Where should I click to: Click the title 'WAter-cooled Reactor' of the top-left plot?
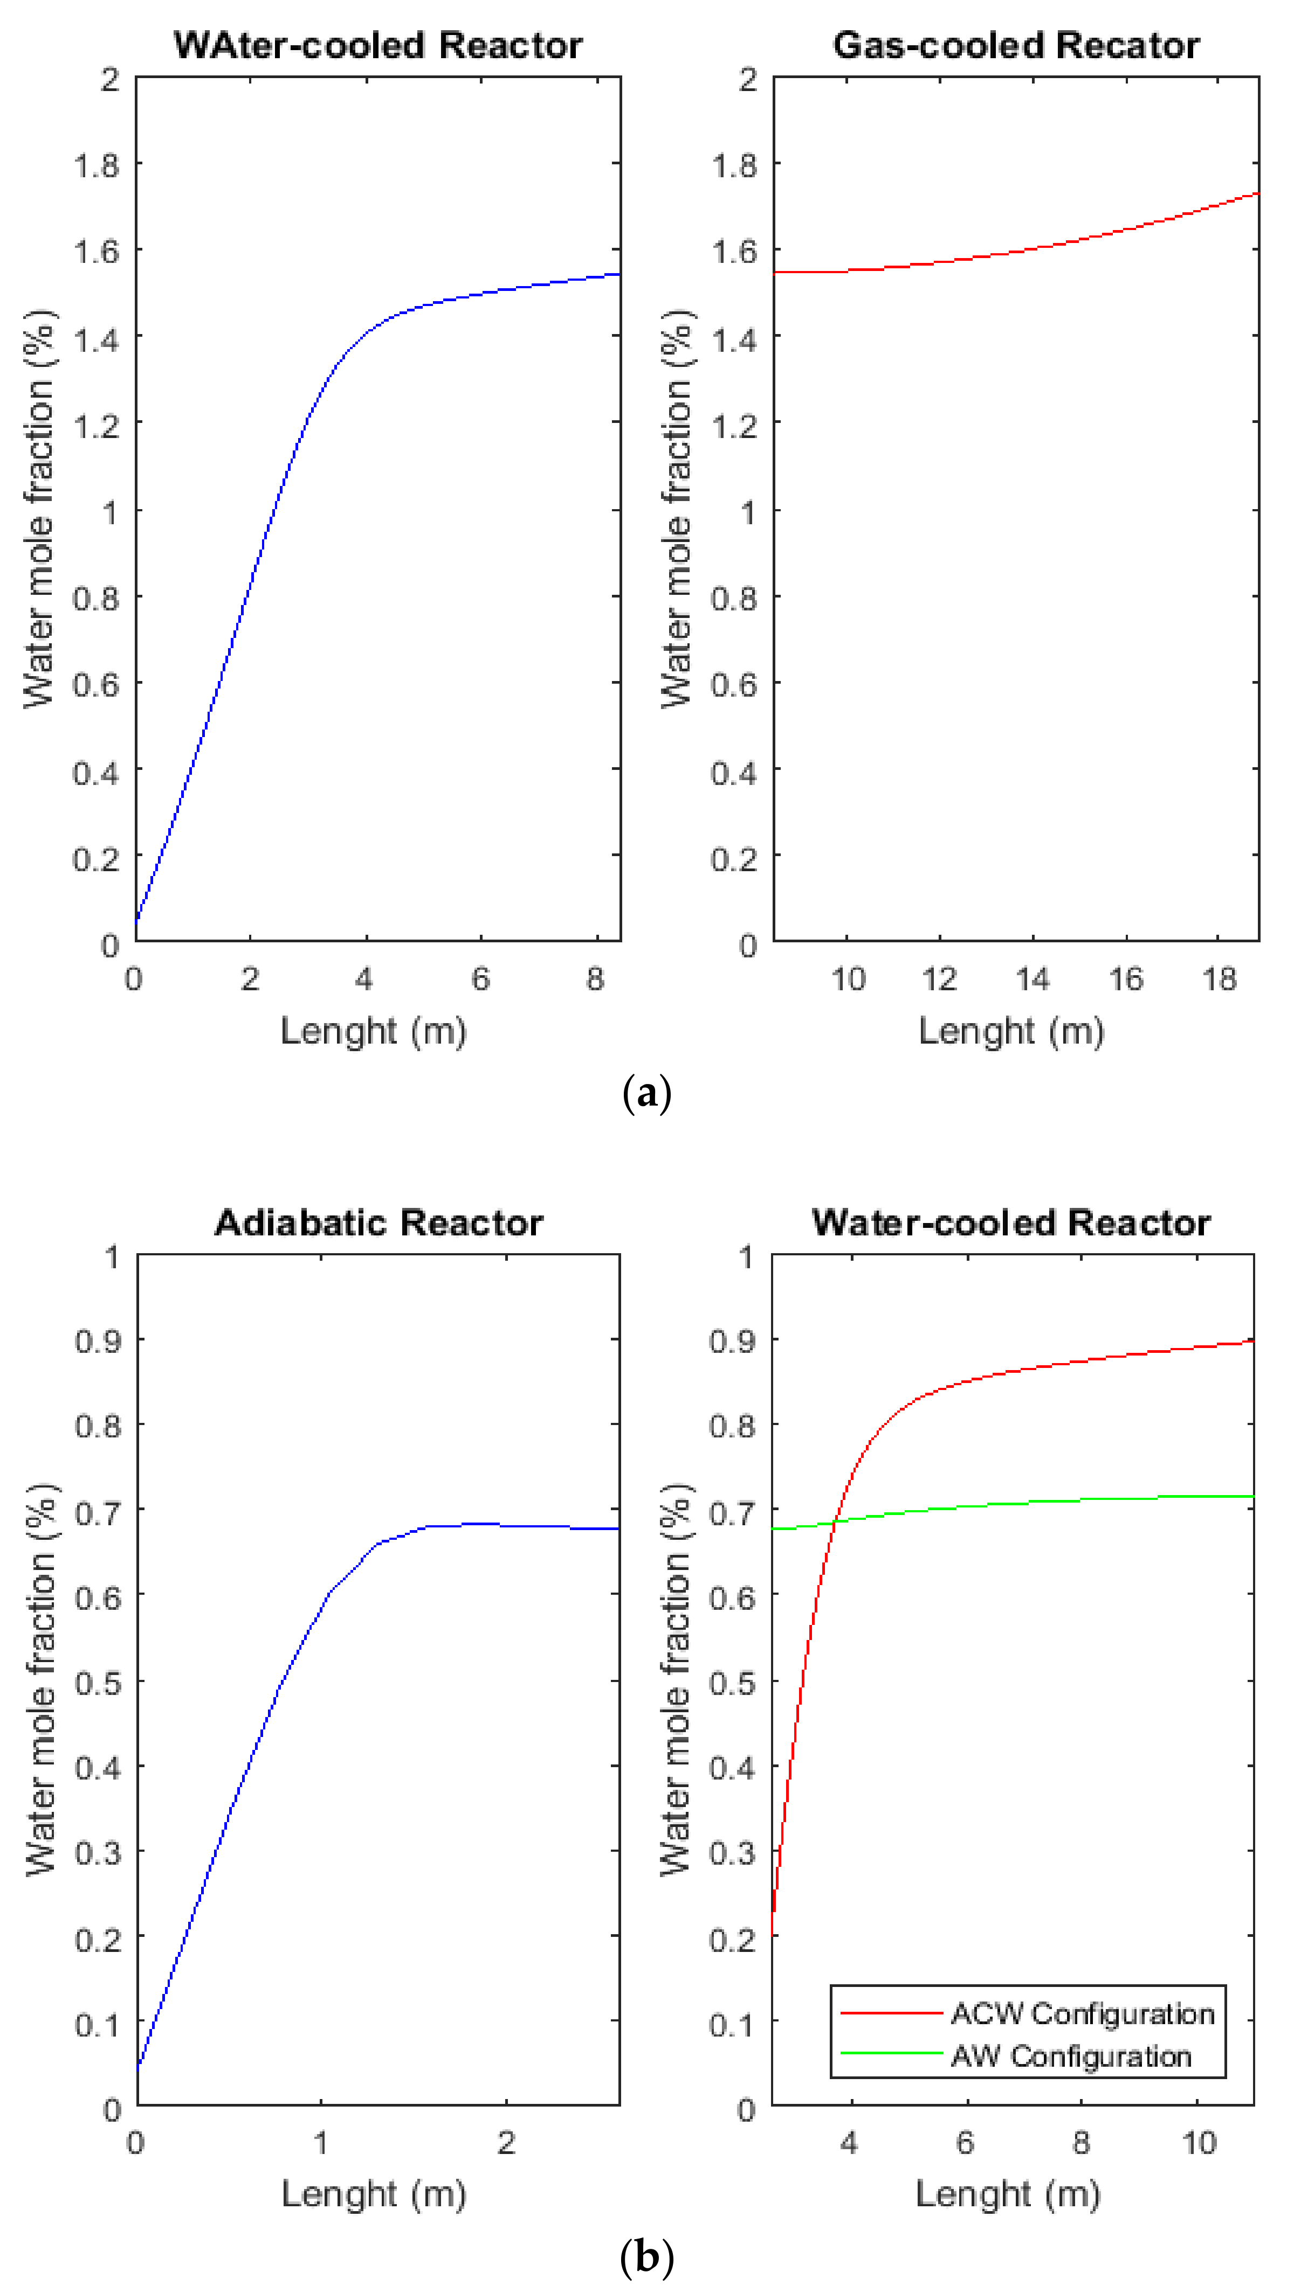377,45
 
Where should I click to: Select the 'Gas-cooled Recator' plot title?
1016,45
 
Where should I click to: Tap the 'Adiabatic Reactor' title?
378,1223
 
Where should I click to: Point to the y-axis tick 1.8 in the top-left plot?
96,165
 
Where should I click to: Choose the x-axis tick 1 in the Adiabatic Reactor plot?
321,2143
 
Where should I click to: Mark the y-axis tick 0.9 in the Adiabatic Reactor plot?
98,1340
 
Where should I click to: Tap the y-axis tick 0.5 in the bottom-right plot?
732,1683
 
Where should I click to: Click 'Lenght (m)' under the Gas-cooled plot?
1011,1032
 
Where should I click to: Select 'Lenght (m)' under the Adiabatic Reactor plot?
374,2194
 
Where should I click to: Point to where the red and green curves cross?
835,1521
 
